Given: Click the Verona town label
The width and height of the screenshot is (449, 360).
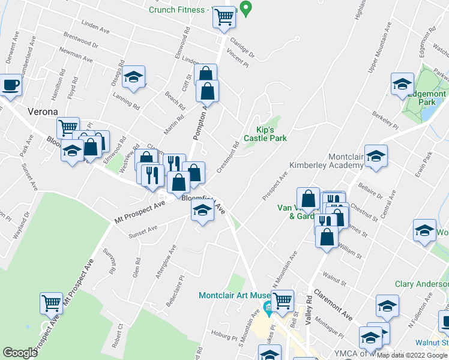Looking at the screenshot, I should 42,112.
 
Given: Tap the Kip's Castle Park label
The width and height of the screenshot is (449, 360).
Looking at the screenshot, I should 263,134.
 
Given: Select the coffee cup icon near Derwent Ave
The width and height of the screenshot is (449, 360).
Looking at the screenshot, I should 10,86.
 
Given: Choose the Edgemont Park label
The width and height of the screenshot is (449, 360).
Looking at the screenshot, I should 427,98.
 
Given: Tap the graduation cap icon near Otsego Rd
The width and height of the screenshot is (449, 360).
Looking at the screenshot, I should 133,77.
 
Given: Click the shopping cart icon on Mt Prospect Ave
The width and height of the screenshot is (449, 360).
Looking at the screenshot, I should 52,303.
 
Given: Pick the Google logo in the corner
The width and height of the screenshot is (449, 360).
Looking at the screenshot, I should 20,353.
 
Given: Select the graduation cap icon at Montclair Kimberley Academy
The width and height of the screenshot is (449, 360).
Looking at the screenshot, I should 376,157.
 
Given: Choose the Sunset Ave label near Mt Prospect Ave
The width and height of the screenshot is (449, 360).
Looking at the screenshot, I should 143,232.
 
